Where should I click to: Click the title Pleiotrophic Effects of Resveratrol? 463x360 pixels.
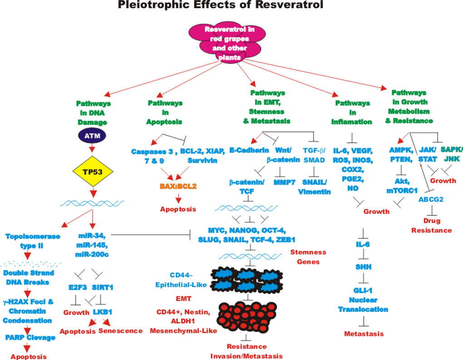tap(231, 6)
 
